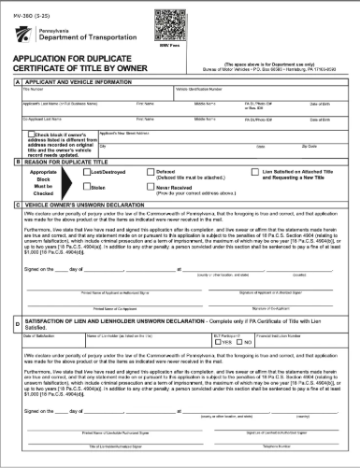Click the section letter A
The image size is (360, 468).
pos(8,108)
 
